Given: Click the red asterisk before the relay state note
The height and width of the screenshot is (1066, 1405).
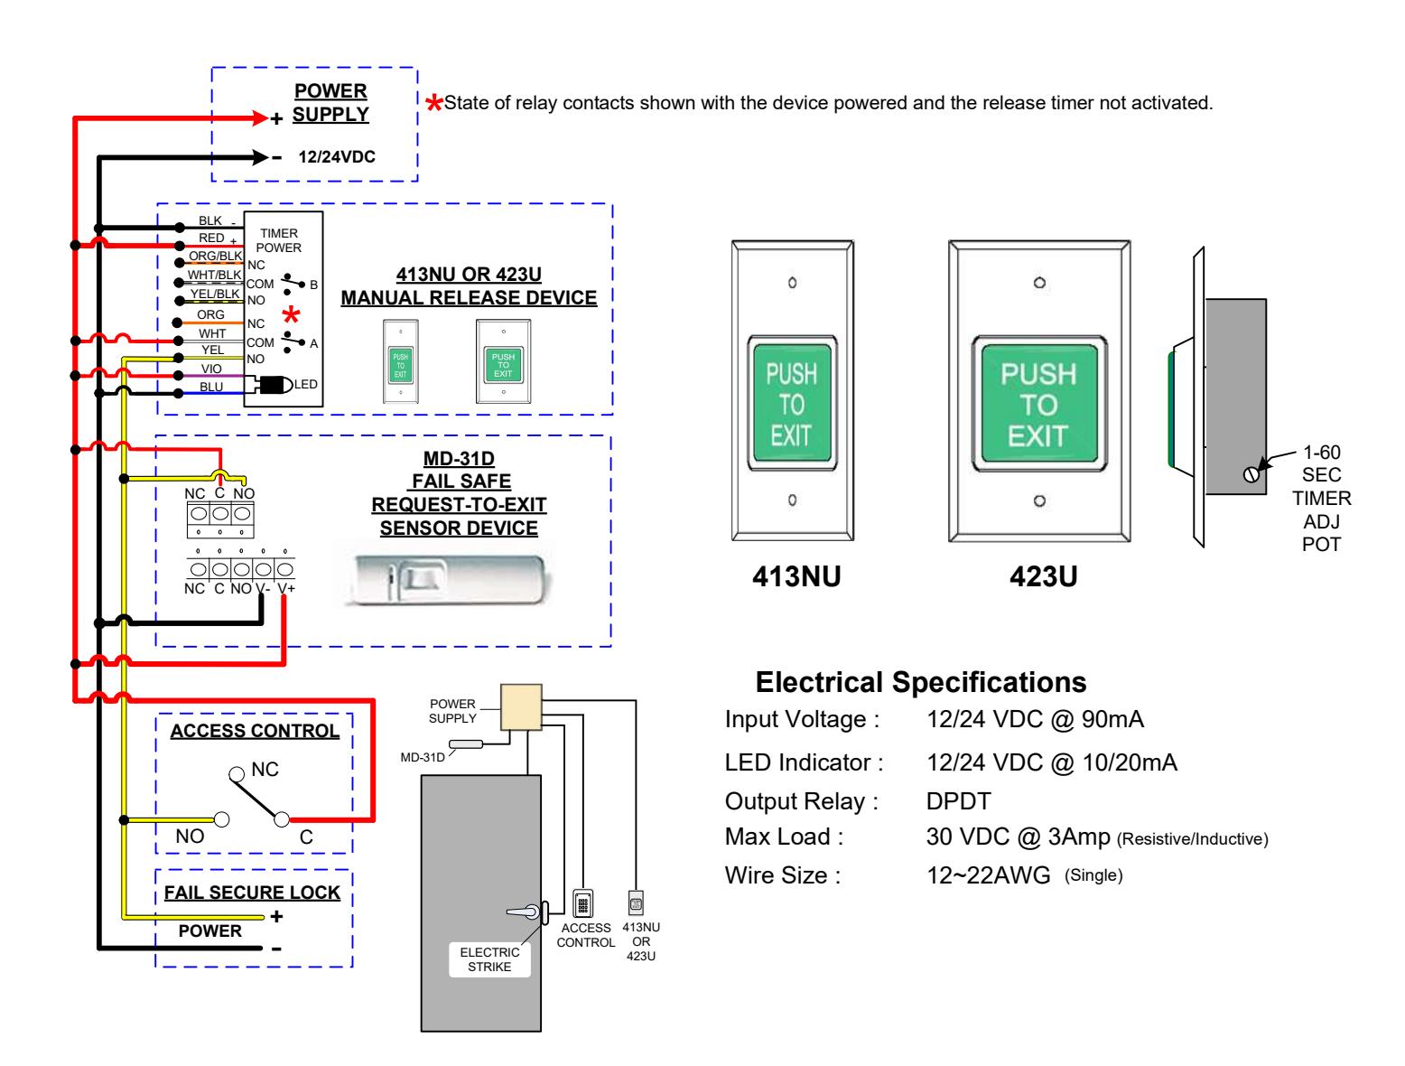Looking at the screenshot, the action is (x=433, y=102).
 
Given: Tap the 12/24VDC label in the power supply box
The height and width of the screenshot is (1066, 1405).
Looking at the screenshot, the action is (x=336, y=156).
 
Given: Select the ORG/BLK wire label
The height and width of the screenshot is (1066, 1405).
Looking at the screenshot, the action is (x=214, y=255).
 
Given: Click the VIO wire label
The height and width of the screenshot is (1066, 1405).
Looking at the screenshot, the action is (x=210, y=368).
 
